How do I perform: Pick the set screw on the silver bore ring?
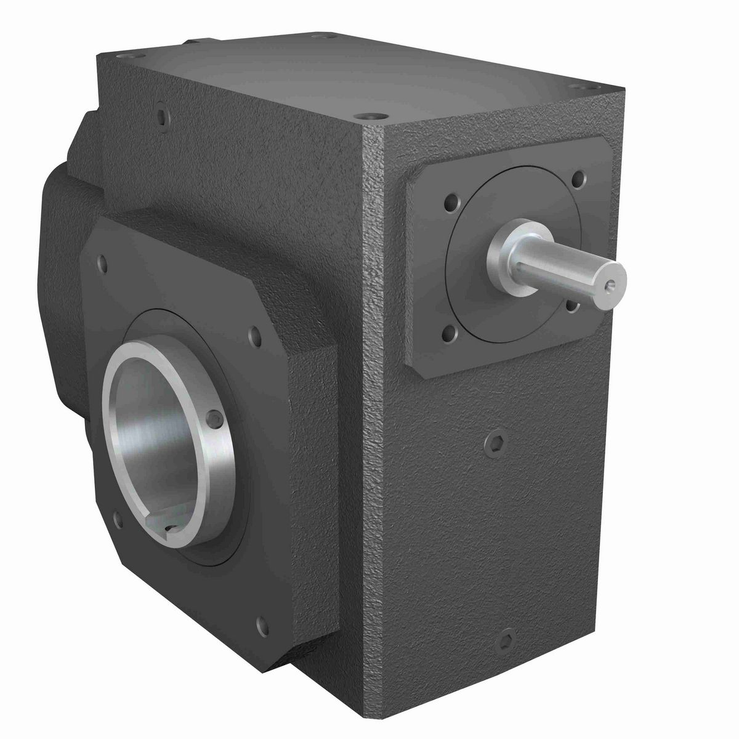[x=214, y=419]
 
